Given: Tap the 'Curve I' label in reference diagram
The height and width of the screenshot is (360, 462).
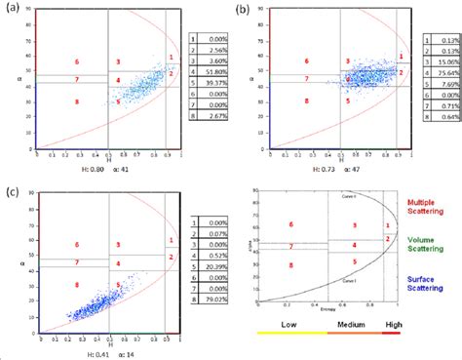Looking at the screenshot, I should click(349, 279).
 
